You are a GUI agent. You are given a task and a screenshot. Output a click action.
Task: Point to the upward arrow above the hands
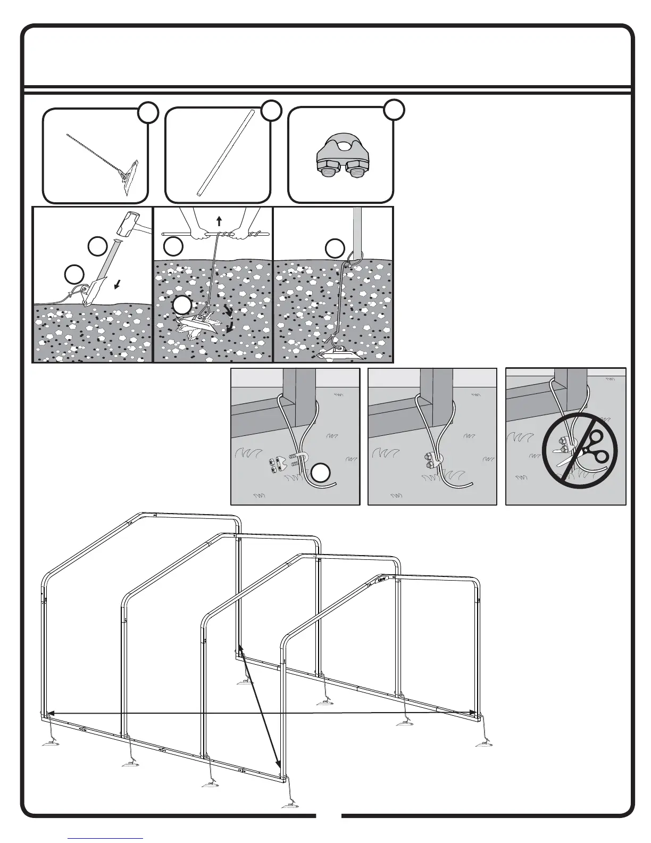coord(219,221)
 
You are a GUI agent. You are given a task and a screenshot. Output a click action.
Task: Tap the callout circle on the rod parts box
coord(271,110)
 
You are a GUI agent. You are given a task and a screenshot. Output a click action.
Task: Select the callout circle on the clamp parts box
coord(394,109)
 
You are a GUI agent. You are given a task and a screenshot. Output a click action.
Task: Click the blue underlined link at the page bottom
coord(105,838)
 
